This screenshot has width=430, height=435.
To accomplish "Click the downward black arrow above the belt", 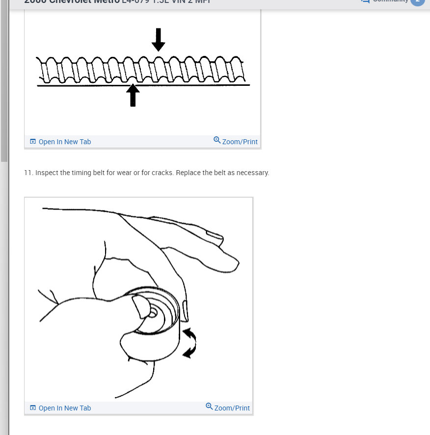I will click(x=158, y=40).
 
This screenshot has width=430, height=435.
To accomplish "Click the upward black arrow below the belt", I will click(x=133, y=96).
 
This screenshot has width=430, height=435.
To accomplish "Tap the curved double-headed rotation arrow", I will click(x=189, y=343).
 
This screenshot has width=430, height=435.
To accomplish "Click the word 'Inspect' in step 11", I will click(x=46, y=173).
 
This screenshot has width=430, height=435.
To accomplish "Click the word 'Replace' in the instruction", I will click(x=188, y=173).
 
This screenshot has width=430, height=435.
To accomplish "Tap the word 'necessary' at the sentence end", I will click(x=253, y=173).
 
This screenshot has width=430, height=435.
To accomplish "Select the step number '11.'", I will click(x=28, y=173).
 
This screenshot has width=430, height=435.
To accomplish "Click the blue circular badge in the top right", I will click(x=417, y=1).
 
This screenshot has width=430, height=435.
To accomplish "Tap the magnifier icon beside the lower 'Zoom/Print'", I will click(x=209, y=407).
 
